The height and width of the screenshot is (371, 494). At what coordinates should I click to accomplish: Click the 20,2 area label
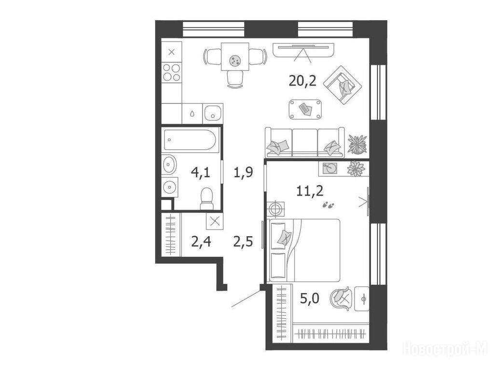pos(302,81)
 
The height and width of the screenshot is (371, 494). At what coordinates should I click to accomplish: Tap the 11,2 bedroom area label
pos(310,190)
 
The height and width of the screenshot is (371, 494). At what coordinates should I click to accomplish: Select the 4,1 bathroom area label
pos(201,172)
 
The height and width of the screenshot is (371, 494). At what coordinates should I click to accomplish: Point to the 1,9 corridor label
pos(244,172)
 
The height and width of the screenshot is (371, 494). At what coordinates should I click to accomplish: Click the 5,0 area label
pos(310,298)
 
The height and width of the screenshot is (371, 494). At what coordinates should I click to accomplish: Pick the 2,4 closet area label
pos(201,242)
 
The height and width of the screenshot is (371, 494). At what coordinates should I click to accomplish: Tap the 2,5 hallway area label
pos(243,242)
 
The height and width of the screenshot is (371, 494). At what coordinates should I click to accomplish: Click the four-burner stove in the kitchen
pos(172,72)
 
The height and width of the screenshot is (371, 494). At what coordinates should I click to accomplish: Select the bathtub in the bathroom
pos(190,139)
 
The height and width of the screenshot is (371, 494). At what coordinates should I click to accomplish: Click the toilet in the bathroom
pos(206,199)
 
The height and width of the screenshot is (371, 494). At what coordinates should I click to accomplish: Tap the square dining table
pos(235,57)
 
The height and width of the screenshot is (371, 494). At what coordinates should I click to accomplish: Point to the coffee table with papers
pos(305,109)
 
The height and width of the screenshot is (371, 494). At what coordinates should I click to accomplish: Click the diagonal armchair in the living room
pos(343,85)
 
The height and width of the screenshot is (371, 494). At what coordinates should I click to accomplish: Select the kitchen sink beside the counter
pos(213,113)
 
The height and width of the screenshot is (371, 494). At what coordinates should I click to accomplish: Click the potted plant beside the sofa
pos(357,144)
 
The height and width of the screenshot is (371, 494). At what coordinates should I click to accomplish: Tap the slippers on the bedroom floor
pos(328,205)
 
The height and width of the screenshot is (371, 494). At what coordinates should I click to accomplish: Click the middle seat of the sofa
pos(305,143)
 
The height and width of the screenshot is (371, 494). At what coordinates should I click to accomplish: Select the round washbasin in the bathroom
pos(169,164)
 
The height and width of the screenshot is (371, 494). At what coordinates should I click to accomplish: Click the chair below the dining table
pos(235,79)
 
